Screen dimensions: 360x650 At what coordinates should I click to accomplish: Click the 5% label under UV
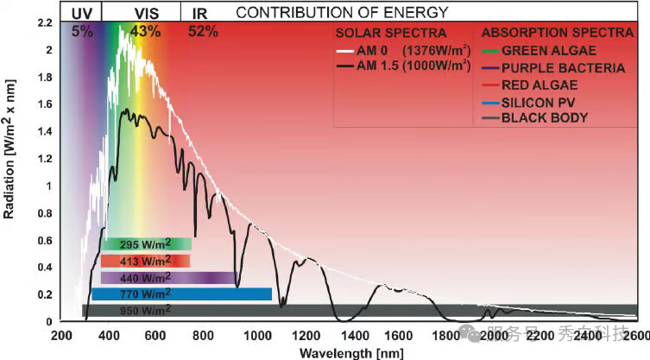coord(81,30)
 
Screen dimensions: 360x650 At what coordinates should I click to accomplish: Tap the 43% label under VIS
coord(145,30)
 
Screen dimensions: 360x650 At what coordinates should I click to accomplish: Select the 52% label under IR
coord(203,30)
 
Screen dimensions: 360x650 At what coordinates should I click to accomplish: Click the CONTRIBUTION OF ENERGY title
coord(342,12)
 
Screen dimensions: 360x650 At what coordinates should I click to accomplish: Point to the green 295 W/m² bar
coord(145,244)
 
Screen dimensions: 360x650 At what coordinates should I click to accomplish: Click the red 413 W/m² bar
coord(145,260)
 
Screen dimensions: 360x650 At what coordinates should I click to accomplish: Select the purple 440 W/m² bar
coord(168,277)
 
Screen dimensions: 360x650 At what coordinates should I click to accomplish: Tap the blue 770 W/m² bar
coord(181,294)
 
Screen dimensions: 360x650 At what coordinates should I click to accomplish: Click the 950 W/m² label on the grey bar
coord(145,310)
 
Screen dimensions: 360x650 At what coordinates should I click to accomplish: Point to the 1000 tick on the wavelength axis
coord(257,335)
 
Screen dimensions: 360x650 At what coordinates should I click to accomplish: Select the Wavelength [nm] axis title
coord(342,352)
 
